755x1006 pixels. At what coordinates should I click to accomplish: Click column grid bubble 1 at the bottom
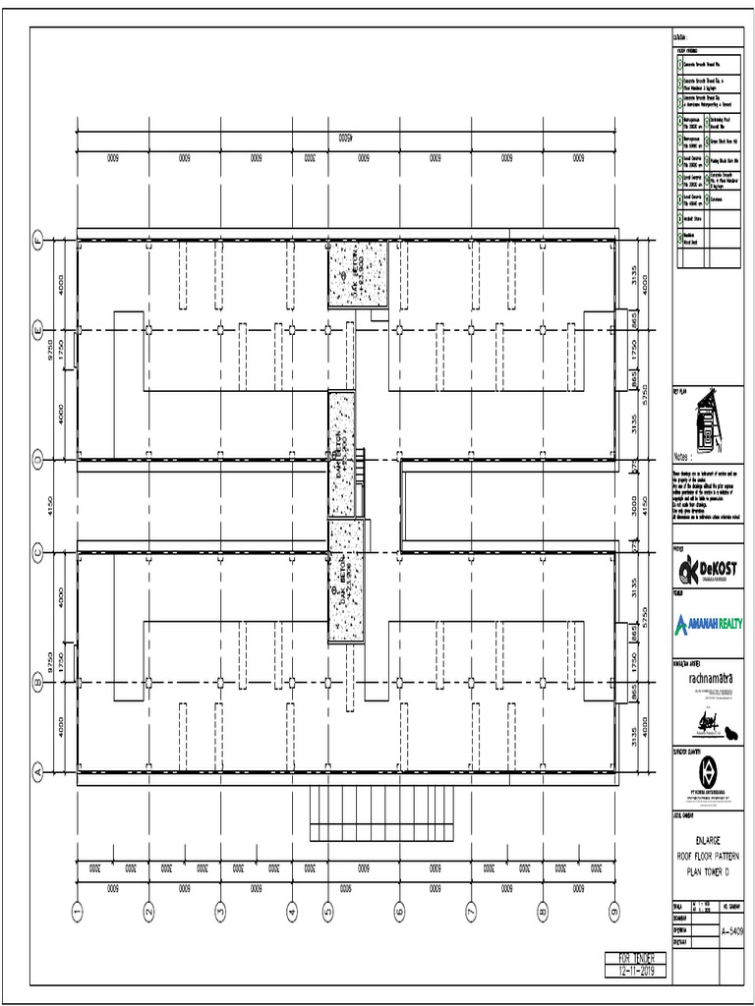(77, 913)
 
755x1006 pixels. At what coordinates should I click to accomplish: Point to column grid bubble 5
(328, 913)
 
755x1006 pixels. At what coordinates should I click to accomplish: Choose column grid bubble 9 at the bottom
(613, 913)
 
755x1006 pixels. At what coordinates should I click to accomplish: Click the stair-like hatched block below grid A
(383, 811)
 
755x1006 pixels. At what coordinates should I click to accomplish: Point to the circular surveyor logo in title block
(707, 769)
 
